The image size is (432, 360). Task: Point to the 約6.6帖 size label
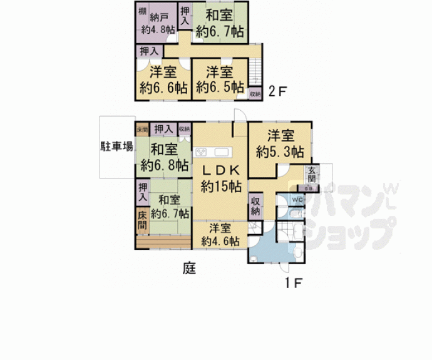161,88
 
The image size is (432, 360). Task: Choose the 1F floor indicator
292,282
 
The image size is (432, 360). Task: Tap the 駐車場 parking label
116,147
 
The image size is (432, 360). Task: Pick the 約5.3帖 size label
280,151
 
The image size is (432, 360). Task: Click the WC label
297,200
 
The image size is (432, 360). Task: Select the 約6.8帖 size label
165,165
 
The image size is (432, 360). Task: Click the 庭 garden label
189,269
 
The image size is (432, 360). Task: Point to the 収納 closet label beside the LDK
255,206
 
